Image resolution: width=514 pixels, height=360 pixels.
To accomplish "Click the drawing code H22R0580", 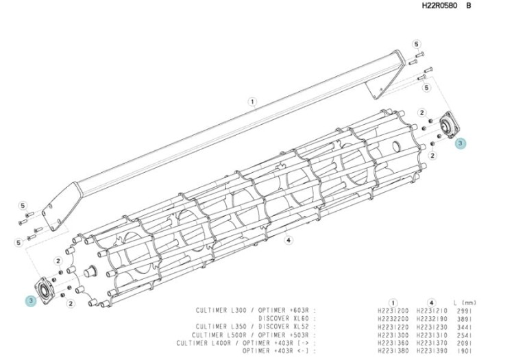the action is [x=439, y=5].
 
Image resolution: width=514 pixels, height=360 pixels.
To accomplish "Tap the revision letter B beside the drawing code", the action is [x=469, y=5].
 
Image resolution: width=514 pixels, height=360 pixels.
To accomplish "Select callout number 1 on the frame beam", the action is [x=252, y=102].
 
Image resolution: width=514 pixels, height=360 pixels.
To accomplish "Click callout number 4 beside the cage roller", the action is [x=288, y=240].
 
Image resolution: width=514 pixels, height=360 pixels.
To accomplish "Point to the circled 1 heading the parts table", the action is [x=393, y=303].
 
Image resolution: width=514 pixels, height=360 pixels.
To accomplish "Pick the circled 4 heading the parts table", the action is [x=431, y=303].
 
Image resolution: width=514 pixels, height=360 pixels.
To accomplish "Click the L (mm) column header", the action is [x=465, y=303].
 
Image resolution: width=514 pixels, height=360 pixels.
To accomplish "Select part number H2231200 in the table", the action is [x=393, y=311].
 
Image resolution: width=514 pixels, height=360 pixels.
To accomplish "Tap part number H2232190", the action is [x=432, y=319].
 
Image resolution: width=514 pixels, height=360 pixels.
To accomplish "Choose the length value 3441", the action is [x=465, y=327].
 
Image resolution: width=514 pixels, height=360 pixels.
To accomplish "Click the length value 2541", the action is [x=465, y=335].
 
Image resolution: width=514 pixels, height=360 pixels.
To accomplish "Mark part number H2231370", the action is [x=432, y=343].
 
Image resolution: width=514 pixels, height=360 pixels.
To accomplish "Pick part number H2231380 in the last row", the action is [x=393, y=351].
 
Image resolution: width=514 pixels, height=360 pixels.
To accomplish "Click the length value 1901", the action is [x=465, y=351].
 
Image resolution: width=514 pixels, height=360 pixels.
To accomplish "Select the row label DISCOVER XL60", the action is [x=284, y=318].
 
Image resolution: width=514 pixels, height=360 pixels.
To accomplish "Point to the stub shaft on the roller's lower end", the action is [x=90, y=272].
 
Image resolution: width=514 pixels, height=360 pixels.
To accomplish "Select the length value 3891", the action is [x=465, y=319].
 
